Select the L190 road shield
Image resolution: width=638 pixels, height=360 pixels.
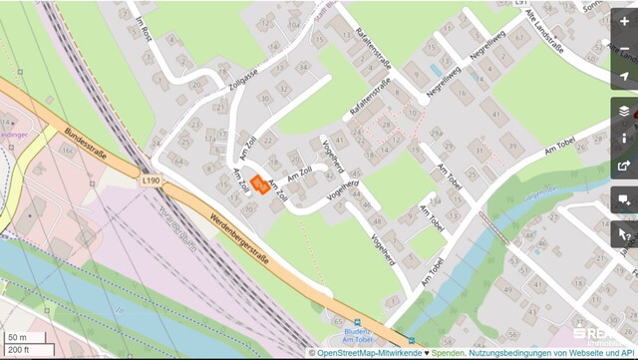(152, 180)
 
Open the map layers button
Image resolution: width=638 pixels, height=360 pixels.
(624, 111)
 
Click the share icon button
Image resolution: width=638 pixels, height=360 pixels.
(624, 166)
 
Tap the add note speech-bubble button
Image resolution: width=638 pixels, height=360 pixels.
(624, 201)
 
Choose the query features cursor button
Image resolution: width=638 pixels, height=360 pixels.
(624, 235)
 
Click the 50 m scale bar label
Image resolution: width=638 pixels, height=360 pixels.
(18, 337)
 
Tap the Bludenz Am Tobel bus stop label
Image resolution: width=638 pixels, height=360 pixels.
(356, 340)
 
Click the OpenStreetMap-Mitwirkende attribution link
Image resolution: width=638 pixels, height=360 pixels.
(370, 353)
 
